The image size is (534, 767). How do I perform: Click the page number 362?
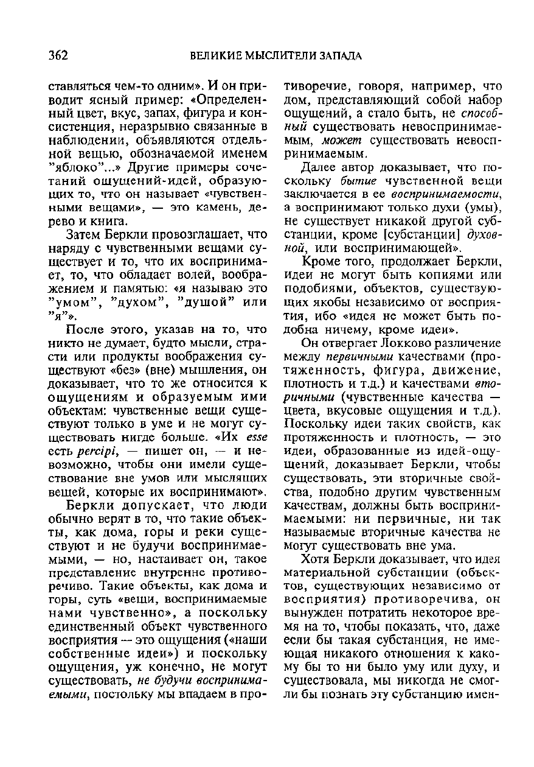click(58, 55)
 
